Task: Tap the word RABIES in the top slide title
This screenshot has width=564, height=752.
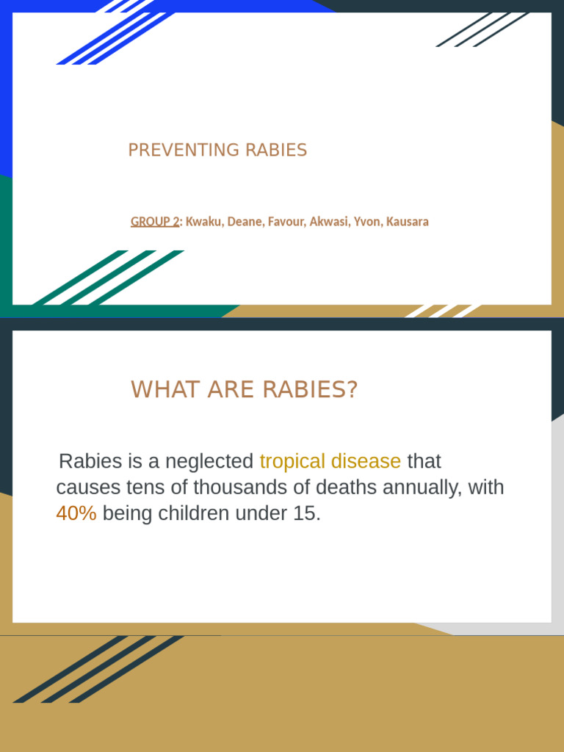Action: point(276,151)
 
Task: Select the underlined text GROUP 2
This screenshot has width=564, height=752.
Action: point(155,222)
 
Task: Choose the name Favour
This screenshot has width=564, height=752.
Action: point(286,222)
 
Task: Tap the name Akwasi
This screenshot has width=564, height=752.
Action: point(328,222)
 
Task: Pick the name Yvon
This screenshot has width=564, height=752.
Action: point(366,222)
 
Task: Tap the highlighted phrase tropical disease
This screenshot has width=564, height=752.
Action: point(330,462)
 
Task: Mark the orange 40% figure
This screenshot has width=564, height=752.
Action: point(76,514)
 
